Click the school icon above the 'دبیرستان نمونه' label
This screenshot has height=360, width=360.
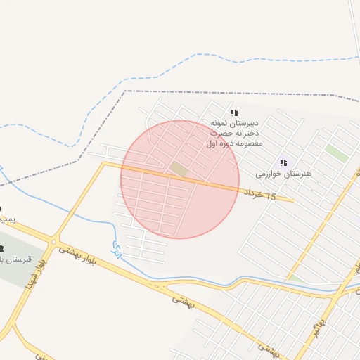coord(234,112)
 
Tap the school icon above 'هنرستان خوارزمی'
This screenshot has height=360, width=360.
coord(283,162)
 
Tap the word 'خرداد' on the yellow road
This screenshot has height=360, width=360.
coord(254,193)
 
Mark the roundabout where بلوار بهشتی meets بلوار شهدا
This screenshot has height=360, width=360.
coord(54,243)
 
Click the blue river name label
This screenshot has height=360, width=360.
coord(117,246)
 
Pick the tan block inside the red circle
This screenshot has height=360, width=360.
coord(179,169)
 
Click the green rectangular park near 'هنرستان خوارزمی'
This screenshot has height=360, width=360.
coord(336,154)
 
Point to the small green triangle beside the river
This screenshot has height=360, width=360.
coord(296,279)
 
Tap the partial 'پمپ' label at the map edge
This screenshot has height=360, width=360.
coord(6,220)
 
